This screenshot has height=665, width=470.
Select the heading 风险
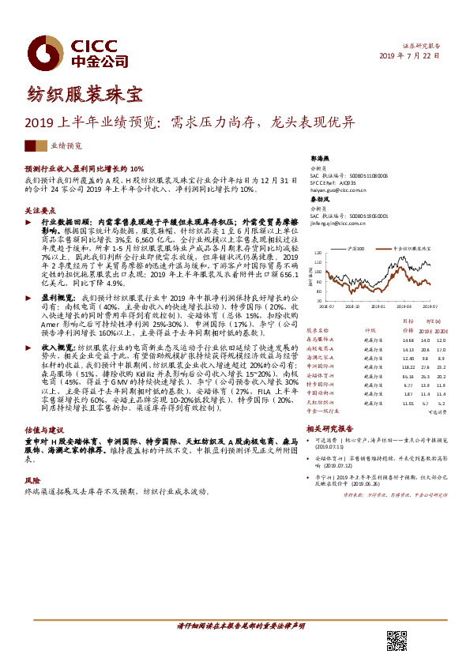[x=32, y=479]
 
